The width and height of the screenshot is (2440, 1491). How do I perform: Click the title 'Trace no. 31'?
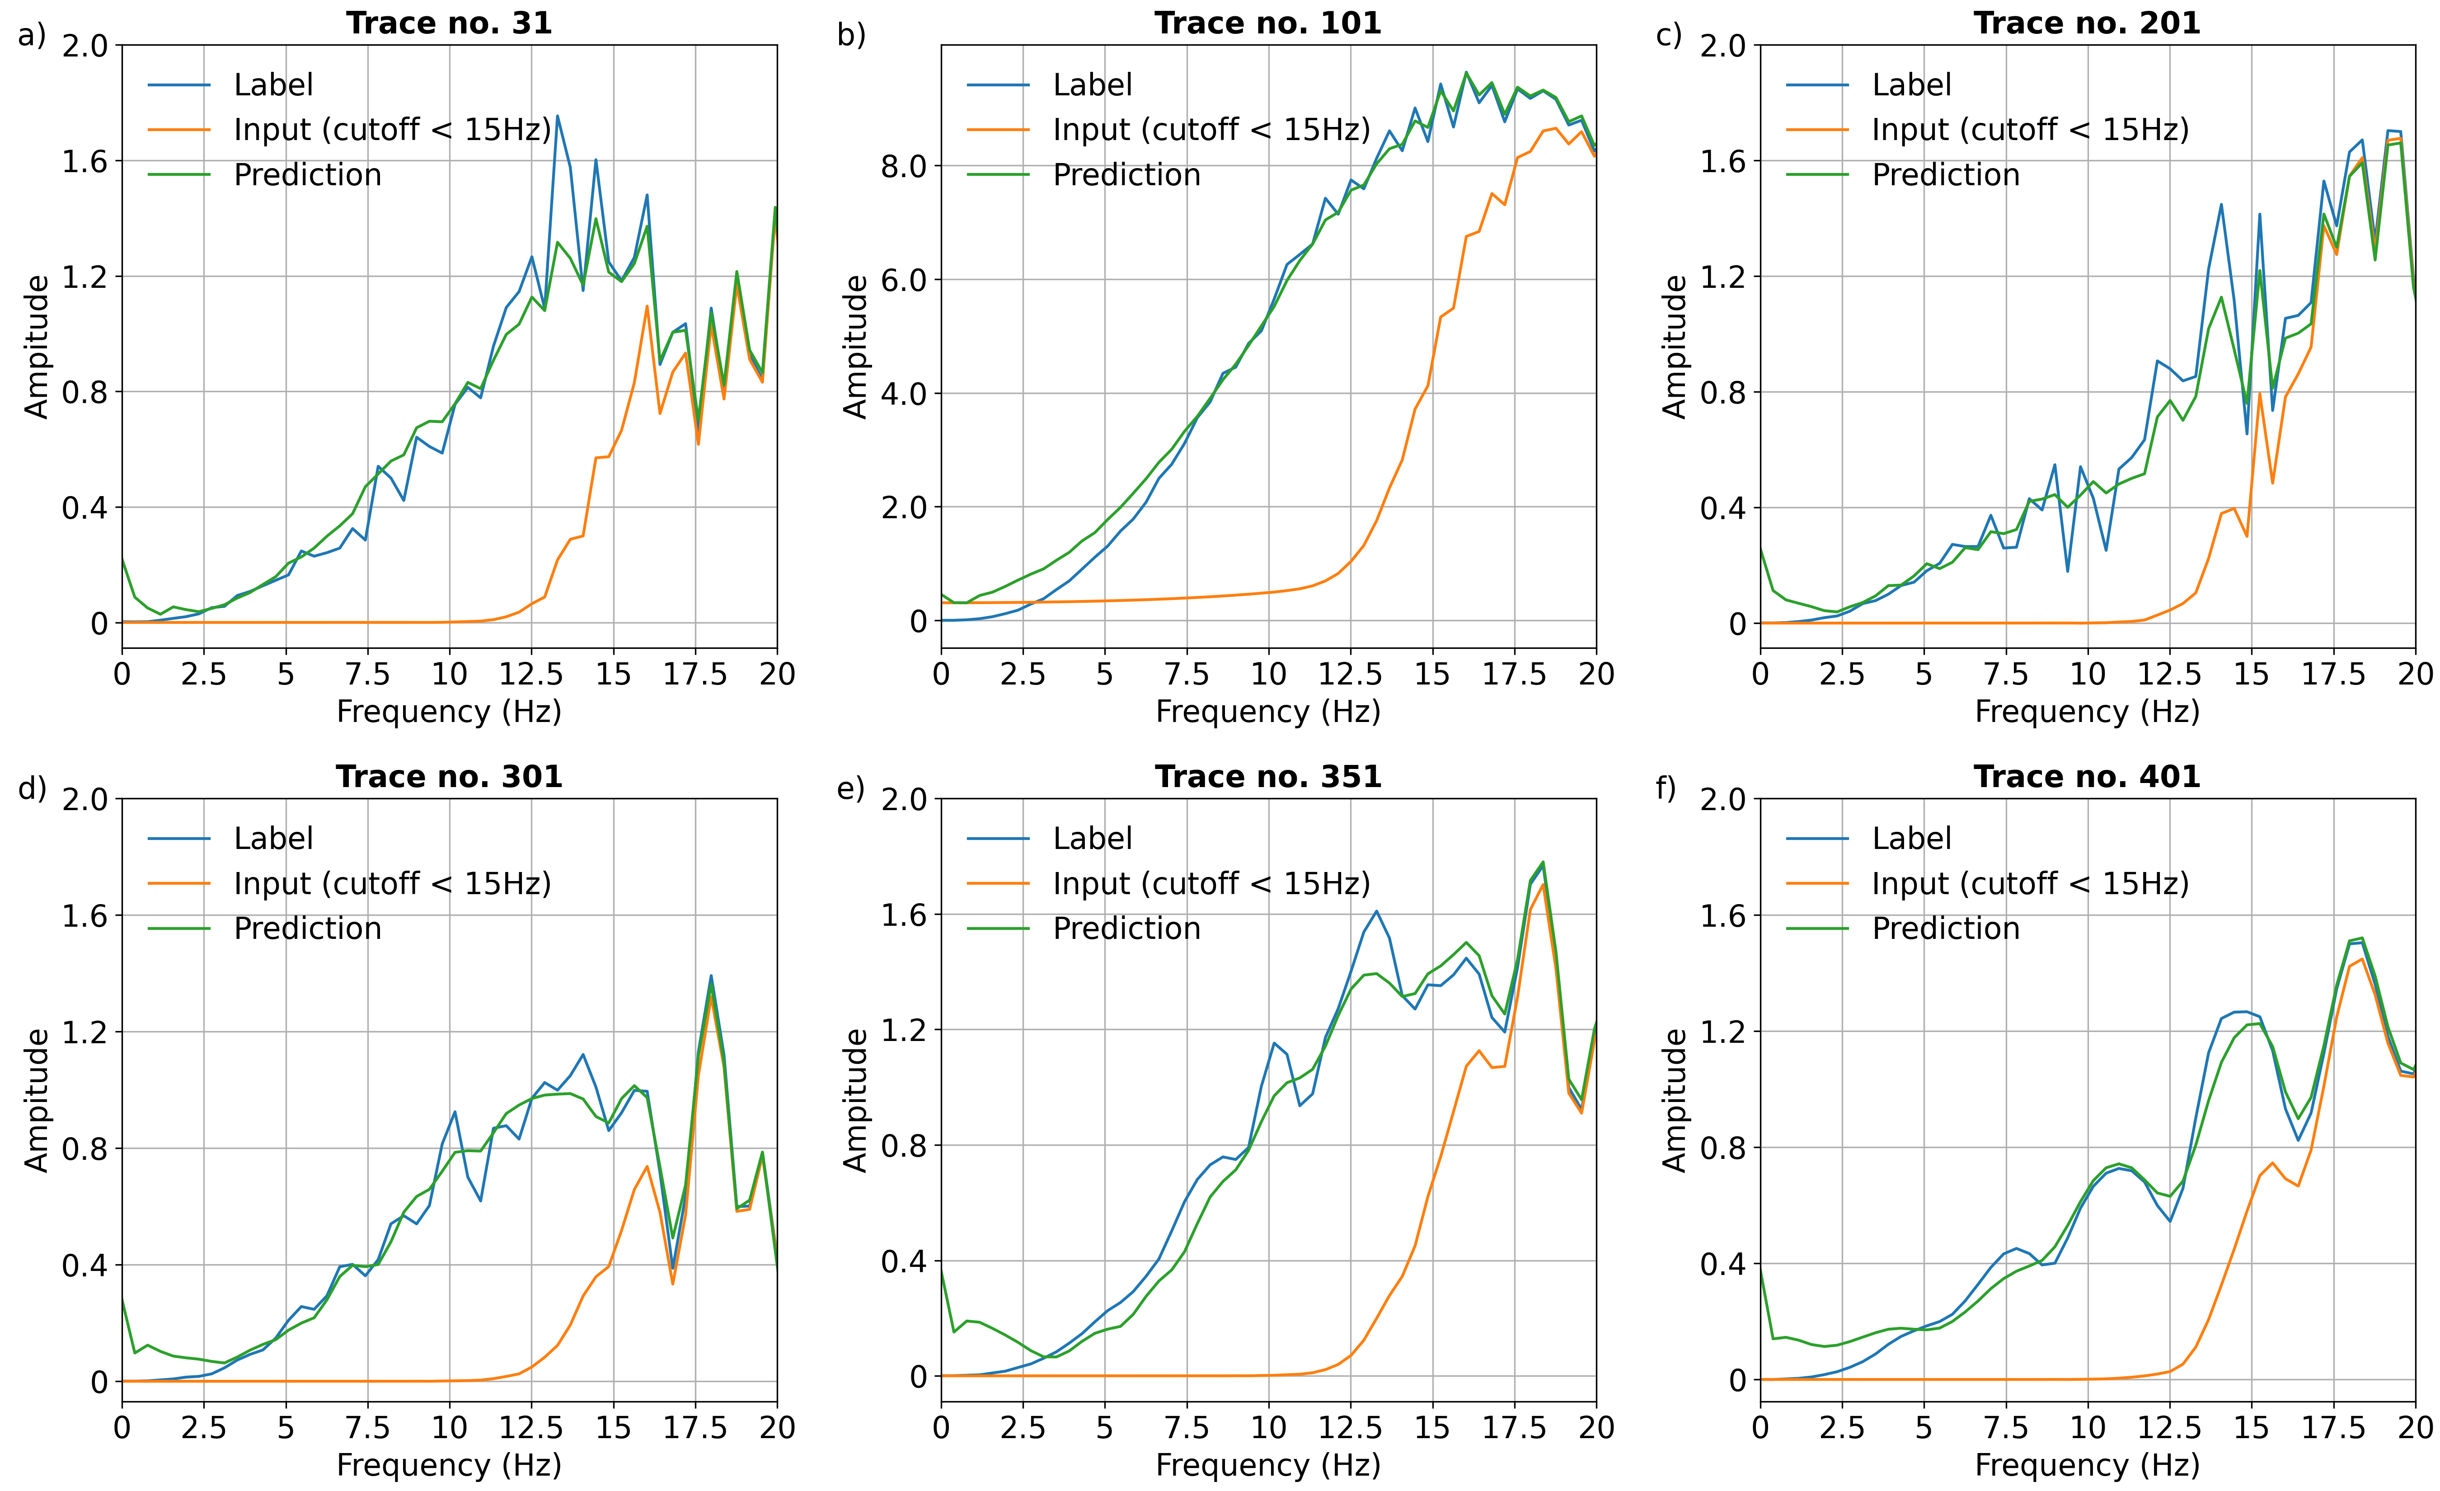tap(449, 23)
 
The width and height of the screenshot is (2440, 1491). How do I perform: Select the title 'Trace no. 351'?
tap(1267, 776)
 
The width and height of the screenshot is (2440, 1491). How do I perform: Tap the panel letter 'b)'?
tap(851, 35)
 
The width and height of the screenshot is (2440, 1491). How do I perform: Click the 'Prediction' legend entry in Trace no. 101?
tap(1126, 175)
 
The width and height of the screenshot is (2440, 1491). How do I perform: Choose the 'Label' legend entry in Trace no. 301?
tap(273, 839)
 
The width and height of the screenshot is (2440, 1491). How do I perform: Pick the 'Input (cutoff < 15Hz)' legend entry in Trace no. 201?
tap(2030, 130)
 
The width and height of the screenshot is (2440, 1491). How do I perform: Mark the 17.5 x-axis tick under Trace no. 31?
tap(695, 674)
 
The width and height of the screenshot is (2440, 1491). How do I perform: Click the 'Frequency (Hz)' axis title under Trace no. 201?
tap(2087, 712)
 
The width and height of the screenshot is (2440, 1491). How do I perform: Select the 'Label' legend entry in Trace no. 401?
tap(1911, 839)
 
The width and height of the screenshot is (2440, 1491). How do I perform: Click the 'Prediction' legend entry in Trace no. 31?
tap(307, 175)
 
